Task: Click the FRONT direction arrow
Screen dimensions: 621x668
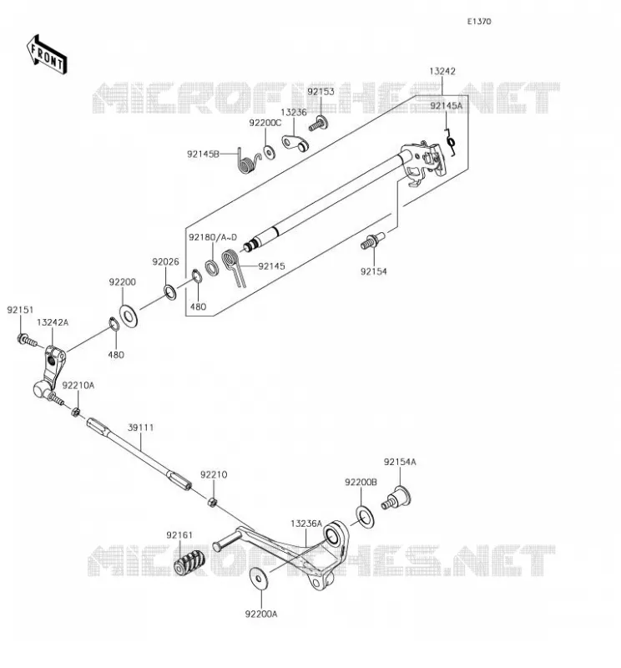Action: click(x=47, y=55)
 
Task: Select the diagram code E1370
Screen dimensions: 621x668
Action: click(x=479, y=22)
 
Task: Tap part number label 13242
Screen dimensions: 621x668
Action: click(x=442, y=71)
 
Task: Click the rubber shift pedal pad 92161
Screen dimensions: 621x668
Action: click(x=189, y=562)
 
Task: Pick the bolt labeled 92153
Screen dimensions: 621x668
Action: click(x=318, y=124)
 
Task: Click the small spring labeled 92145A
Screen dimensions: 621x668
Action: click(x=450, y=142)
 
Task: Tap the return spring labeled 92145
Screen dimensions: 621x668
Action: click(x=234, y=267)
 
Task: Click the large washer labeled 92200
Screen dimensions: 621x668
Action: click(x=129, y=316)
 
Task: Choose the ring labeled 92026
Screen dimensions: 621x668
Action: click(x=170, y=292)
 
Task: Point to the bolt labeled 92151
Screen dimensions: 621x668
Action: click(x=28, y=341)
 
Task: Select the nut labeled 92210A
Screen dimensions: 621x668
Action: click(x=75, y=412)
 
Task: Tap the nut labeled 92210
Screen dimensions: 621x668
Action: click(x=212, y=502)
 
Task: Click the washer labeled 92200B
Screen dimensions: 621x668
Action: click(x=365, y=517)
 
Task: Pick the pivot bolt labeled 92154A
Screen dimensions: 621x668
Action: click(x=396, y=498)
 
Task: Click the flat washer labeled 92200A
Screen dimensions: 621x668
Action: click(x=259, y=578)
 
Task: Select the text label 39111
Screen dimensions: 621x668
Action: click(x=140, y=428)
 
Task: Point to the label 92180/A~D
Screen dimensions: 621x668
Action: click(x=213, y=237)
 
